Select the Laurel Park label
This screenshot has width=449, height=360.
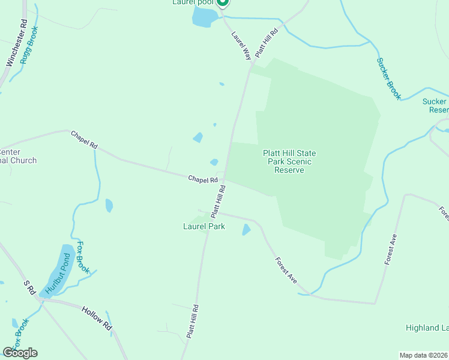click(x=204, y=226)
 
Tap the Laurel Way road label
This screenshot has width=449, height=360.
click(x=241, y=46)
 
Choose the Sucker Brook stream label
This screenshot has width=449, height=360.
click(x=388, y=78)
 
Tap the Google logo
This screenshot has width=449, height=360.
click(x=20, y=353)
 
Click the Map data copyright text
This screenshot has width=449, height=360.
click(x=423, y=355)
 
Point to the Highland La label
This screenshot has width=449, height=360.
click(x=427, y=328)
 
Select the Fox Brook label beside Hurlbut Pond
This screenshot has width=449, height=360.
click(x=82, y=257)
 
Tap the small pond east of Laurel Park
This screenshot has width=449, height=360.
click(x=246, y=229)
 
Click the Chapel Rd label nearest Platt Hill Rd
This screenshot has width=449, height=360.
click(x=203, y=179)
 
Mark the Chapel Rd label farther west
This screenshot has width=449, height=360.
click(x=84, y=139)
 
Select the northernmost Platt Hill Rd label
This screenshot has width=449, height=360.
click(x=266, y=42)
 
